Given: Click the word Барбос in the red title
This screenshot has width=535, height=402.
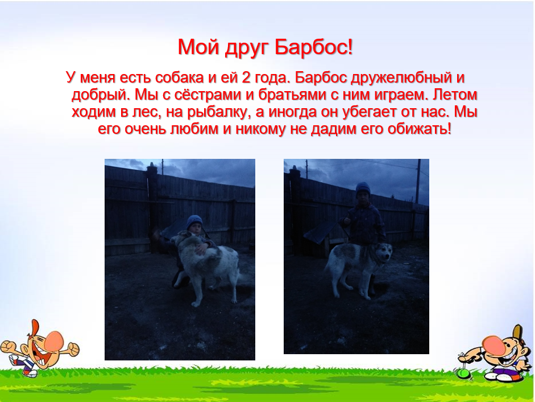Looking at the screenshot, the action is (313, 47).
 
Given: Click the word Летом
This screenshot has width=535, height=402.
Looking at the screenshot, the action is (455, 95).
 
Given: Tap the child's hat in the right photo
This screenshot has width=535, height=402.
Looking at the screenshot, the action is (363, 188).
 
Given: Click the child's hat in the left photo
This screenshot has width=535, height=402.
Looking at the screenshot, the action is (194, 221).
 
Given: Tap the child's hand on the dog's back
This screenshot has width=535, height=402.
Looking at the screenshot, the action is (201, 250).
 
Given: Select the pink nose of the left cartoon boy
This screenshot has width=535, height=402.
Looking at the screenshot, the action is (54, 341).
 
